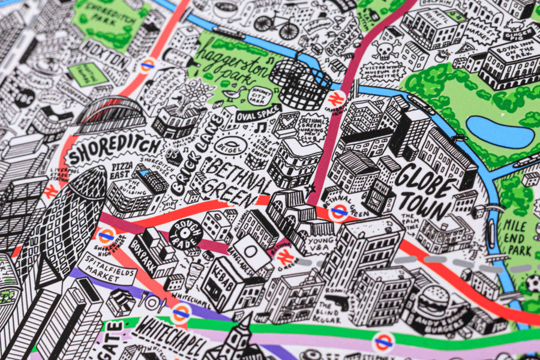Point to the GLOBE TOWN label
[x=424, y=189]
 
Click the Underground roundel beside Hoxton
[x=147, y=65]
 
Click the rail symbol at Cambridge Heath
[x=337, y=98]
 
